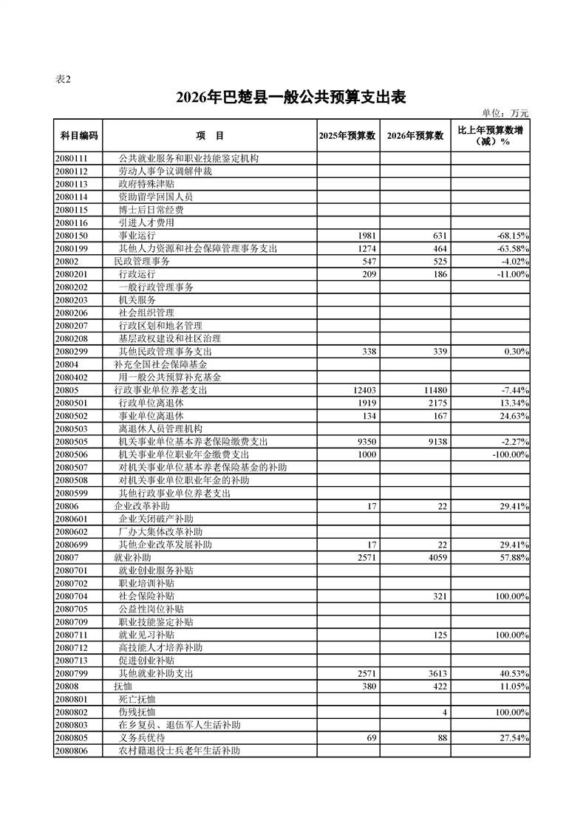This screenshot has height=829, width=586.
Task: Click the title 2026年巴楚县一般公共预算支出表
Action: click(x=292, y=98)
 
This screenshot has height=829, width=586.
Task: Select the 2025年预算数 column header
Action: click(x=347, y=136)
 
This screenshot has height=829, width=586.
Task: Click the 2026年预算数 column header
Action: click(x=415, y=136)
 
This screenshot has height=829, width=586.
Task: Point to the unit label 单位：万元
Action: click(x=505, y=113)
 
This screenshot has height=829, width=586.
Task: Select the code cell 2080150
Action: click(x=72, y=236)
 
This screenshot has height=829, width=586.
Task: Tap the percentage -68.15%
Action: click(x=509, y=236)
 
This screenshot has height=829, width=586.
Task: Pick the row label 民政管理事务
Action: click(x=142, y=262)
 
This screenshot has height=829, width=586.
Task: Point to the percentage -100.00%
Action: click(x=506, y=454)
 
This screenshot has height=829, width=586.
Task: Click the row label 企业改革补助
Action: click(x=142, y=506)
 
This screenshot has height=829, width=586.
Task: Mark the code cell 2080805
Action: click(x=72, y=738)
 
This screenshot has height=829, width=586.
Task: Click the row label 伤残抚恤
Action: click(x=137, y=712)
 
